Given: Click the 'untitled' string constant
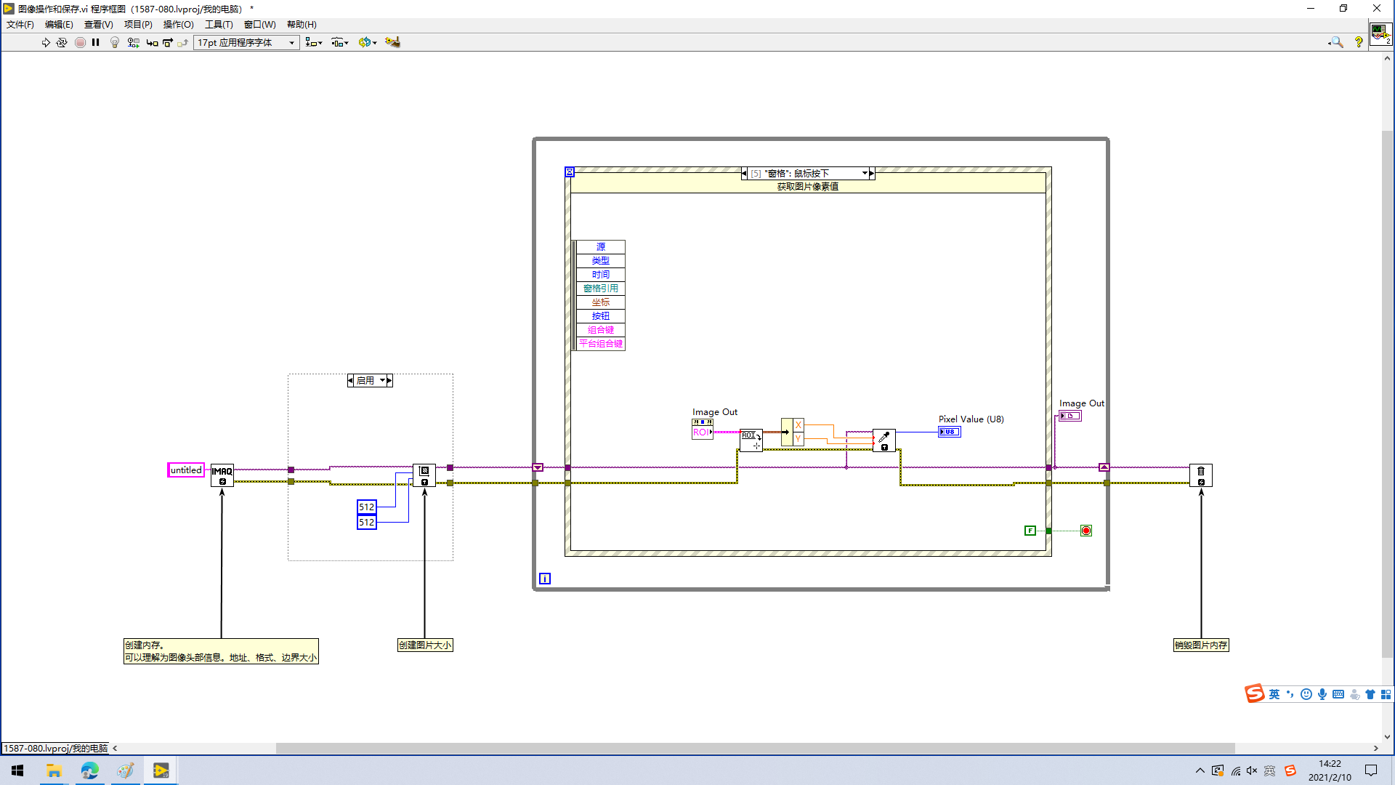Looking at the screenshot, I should (x=185, y=470).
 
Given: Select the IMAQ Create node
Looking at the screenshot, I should (x=222, y=475).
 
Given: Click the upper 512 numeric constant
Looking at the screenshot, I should (x=367, y=507).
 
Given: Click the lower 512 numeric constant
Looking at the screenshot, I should (x=367, y=522).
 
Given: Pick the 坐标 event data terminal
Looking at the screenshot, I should (x=600, y=302).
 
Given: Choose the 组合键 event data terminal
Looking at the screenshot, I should (x=600, y=330).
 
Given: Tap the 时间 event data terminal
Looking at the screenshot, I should (x=600, y=275).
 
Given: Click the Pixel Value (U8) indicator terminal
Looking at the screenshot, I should (x=950, y=432).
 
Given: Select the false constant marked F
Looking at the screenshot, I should (x=1030, y=531).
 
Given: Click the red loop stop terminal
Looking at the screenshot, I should (x=1086, y=531).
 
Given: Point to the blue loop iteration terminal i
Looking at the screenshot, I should (x=545, y=579).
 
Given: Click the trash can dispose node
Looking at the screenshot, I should (x=1201, y=475).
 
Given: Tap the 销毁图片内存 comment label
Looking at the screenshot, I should (x=1201, y=645).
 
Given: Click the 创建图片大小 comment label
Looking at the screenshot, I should (x=425, y=645).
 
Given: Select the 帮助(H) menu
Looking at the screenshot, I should (x=302, y=25).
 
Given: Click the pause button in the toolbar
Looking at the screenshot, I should (x=96, y=42).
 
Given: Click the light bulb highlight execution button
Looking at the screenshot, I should (x=114, y=42).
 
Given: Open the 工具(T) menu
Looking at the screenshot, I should (x=219, y=25).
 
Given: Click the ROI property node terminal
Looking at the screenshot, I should (x=702, y=432).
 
